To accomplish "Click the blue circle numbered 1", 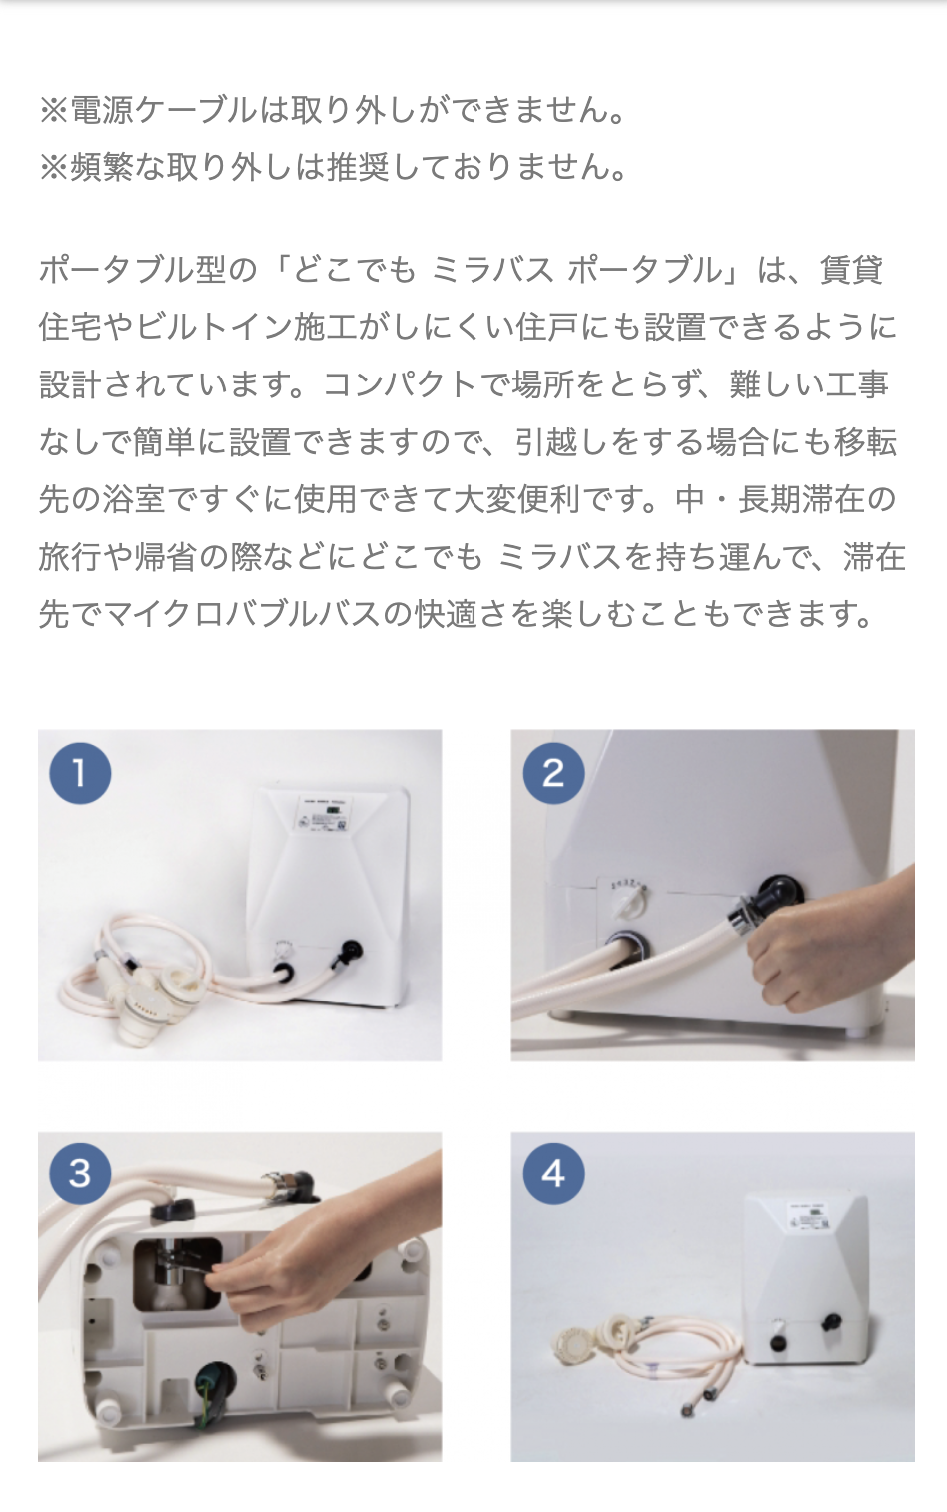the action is (80, 773).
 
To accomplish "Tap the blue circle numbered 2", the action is (553, 773).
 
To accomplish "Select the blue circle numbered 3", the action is (80, 1174).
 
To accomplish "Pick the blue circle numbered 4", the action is (553, 1174).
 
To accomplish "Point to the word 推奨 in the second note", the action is (359, 167).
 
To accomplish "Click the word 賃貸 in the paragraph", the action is (852, 270).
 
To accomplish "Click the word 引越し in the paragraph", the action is (563, 442).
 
